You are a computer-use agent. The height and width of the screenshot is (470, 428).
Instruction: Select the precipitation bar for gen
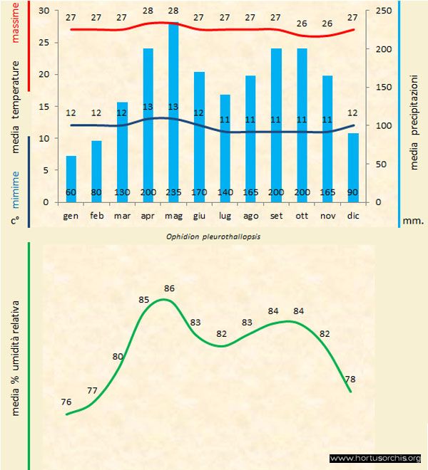71,178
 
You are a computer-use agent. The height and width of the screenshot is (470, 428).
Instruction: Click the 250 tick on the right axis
383,11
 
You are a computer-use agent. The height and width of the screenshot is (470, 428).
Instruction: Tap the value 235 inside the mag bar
173,192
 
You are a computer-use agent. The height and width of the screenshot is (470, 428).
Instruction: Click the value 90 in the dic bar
352,192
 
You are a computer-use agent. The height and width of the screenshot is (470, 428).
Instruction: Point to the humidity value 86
170,288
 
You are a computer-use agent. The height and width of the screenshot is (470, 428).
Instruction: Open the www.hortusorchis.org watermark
376,458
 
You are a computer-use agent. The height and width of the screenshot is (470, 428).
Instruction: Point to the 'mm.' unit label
412,221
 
